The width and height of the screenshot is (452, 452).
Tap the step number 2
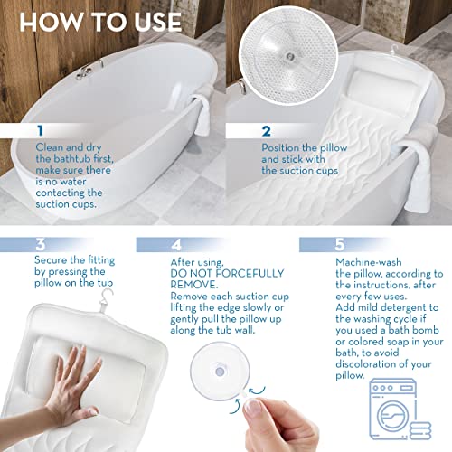pos(267,132)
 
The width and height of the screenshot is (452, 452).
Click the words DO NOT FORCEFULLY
pos(215,273)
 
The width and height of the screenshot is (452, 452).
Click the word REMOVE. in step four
pos(194,285)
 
